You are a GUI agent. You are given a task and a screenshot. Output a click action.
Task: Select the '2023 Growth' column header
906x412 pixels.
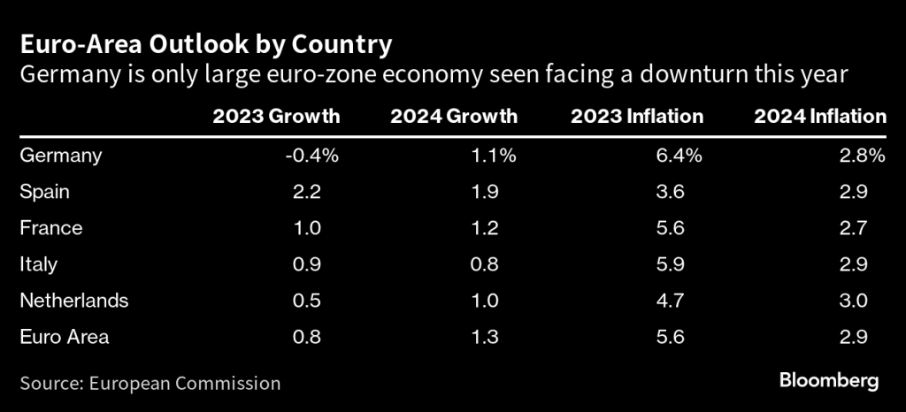[x=276, y=116]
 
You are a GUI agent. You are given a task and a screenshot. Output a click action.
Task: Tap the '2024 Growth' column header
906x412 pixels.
[x=455, y=116]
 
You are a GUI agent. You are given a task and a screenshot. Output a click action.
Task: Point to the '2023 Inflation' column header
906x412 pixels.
[x=637, y=116]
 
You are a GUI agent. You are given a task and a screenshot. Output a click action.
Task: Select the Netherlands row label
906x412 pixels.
[x=73, y=300]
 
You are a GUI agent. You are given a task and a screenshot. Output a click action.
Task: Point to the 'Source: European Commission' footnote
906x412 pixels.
[x=150, y=383]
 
